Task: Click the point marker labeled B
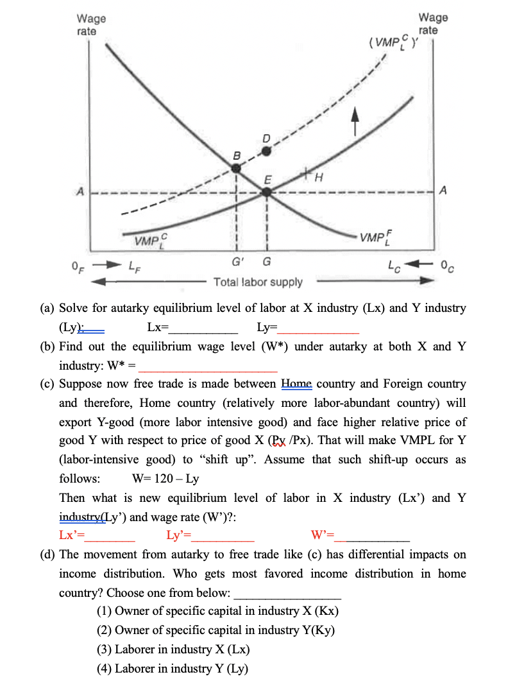pos(236,168)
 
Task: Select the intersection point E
pos(267,187)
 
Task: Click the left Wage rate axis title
pos(91,24)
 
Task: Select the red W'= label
pos(325,536)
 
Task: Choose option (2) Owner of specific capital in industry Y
pos(216,630)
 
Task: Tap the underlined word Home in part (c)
pos(296,384)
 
